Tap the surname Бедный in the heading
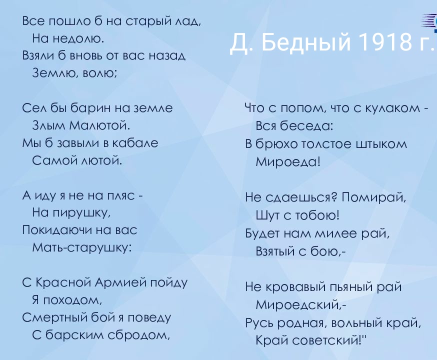click(306, 42)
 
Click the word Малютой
click(99, 125)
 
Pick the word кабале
click(135, 143)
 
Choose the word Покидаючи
click(56, 230)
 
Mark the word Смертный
click(55, 317)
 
